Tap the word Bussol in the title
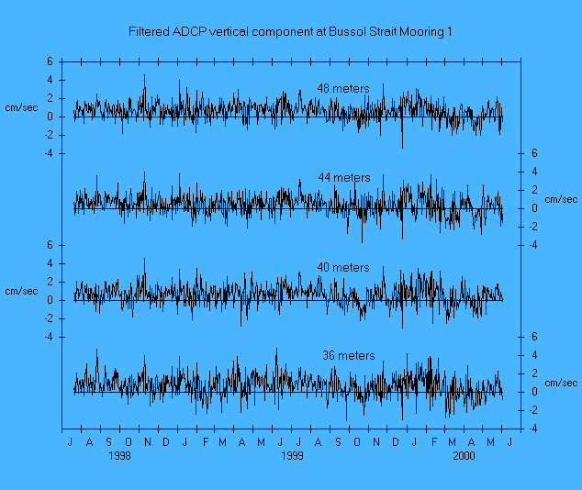click(x=357, y=32)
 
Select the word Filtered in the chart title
click(x=151, y=32)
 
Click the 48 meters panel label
click(x=343, y=89)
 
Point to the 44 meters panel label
click(x=344, y=178)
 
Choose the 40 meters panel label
click(x=342, y=268)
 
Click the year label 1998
click(x=119, y=455)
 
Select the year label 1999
click(x=292, y=455)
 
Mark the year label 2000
click(x=464, y=455)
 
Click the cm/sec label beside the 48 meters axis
click(x=22, y=108)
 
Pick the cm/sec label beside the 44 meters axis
click(x=561, y=199)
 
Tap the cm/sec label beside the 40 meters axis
click(x=22, y=291)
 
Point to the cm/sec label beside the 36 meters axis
click(x=561, y=383)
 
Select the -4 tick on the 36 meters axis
click(x=532, y=429)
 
